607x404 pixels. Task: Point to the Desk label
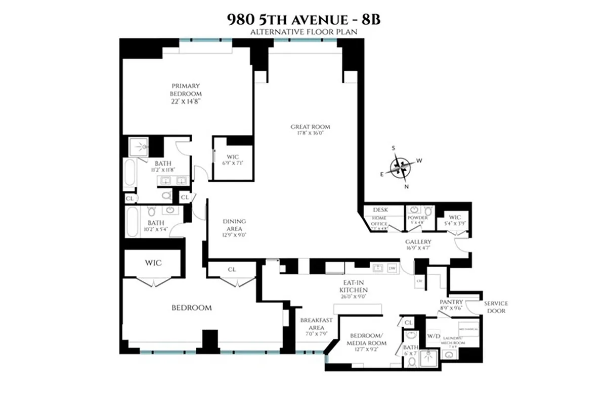point(380,210)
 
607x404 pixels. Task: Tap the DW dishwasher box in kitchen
point(392,269)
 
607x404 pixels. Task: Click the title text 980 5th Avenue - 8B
point(303,21)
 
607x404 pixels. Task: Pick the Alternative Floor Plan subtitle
point(303,32)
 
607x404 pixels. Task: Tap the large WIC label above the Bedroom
point(154,263)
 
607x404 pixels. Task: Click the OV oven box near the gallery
point(419,280)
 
